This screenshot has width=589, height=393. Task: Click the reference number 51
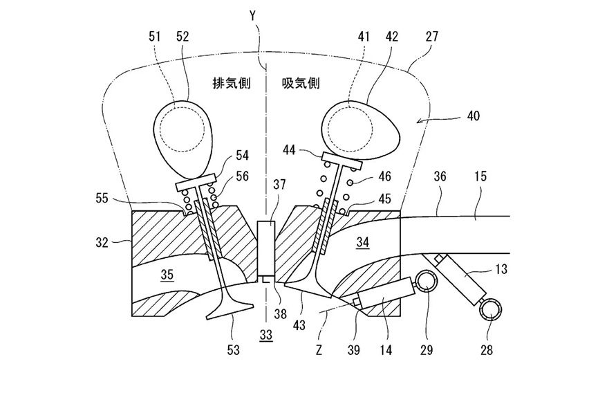click(x=155, y=37)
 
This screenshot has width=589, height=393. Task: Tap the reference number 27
click(x=432, y=37)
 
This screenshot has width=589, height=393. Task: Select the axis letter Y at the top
click(x=253, y=16)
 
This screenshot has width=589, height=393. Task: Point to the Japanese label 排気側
click(x=232, y=83)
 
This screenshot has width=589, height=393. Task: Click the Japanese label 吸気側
click(x=301, y=83)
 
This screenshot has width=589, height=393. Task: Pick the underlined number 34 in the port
click(x=363, y=243)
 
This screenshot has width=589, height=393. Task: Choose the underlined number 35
click(x=167, y=275)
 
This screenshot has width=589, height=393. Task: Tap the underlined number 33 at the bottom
click(x=266, y=335)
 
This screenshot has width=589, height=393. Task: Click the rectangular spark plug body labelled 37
click(x=266, y=249)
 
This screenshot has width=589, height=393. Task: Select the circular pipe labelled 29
click(x=427, y=283)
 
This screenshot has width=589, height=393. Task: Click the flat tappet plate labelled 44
click(x=342, y=161)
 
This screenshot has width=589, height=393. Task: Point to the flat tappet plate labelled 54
click(x=196, y=182)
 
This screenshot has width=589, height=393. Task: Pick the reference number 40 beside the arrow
click(x=474, y=115)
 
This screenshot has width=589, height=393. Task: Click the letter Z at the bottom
click(x=319, y=351)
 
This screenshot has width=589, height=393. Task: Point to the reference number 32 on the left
click(x=102, y=242)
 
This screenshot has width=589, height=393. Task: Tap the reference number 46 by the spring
click(x=384, y=176)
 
